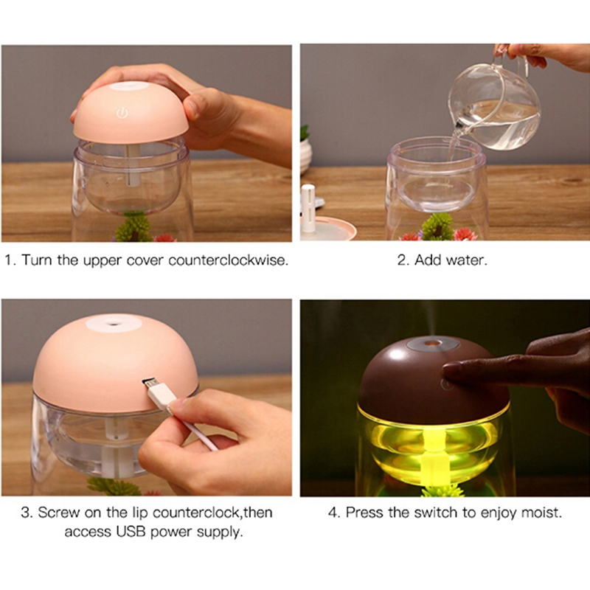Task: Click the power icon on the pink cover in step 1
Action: tap(122, 113)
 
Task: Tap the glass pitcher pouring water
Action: tap(495, 103)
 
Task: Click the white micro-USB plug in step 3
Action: tap(159, 393)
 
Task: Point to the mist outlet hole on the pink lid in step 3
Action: tap(114, 322)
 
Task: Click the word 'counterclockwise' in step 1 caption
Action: tap(228, 260)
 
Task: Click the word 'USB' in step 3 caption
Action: tap(131, 532)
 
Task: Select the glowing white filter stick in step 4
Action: tap(433, 455)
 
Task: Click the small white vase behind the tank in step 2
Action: tap(305, 154)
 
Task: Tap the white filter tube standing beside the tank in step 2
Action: tap(308, 208)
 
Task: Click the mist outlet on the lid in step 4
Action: tap(432, 343)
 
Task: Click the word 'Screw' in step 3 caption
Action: tap(58, 513)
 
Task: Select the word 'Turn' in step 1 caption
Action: tap(36, 260)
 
